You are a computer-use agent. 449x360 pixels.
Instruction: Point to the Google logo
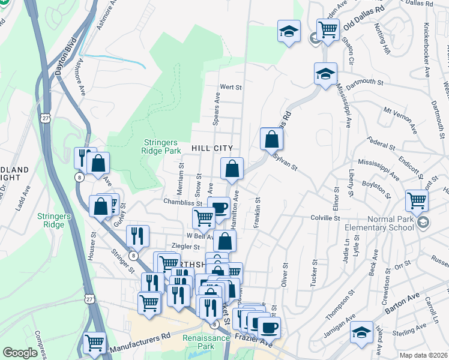[20, 353]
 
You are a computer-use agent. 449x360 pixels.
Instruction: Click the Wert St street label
[230, 87]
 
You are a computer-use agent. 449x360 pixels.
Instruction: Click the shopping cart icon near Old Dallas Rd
[328, 29]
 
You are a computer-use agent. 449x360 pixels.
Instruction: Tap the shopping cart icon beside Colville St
[417, 200]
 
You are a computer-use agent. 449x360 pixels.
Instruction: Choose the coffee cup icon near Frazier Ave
[270, 327]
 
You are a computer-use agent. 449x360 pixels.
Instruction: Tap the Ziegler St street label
[185, 247]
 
